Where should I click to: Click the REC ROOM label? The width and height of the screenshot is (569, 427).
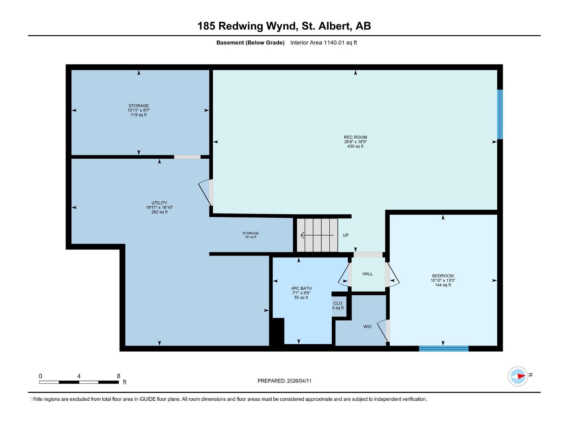point(355,137)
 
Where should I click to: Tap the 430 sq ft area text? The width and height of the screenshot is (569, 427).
point(355,146)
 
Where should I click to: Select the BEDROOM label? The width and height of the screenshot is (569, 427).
point(443,276)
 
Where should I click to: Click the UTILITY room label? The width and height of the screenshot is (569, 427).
point(159,203)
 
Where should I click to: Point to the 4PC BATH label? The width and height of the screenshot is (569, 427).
point(301,289)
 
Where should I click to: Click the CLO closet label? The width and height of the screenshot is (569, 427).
point(338,304)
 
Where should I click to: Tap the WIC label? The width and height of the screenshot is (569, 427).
point(367,327)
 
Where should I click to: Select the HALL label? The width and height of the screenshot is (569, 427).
point(367,274)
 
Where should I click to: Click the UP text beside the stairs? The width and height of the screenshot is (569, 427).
point(346,235)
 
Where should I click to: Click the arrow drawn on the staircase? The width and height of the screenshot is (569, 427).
point(317,235)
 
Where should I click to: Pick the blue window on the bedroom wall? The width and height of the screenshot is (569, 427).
point(443,348)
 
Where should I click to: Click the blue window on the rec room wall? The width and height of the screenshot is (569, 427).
point(500,114)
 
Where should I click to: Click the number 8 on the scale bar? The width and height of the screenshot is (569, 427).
point(118,376)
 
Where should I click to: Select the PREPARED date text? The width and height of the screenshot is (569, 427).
point(284,381)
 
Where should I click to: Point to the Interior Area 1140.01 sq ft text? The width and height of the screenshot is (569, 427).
point(323,43)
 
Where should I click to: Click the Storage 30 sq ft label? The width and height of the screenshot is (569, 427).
point(251,235)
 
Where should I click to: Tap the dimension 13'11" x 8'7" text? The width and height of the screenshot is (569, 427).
point(139,110)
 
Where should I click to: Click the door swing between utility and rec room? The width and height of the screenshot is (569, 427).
point(206,192)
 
